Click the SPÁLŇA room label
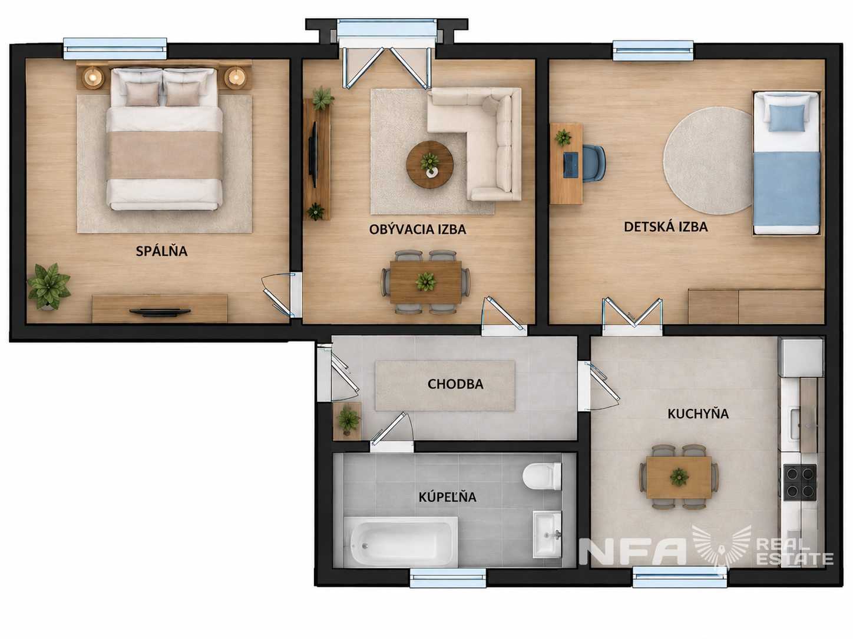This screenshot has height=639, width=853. pyautogui.click(x=161, y=251)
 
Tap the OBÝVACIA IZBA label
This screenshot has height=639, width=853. pyautogui.click(x=418, y=229)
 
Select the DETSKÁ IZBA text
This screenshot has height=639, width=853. pyautogui.click(x=666, y=227)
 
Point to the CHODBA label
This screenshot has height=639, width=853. pyautogui.click(x=455, y=384)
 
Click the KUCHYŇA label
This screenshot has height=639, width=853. pyautogui.click(x=698, y=414)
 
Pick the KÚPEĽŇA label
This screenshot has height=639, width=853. pyautogui.click(x=447, y=497)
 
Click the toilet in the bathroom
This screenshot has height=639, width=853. pyautogui.click(x=542, y=476)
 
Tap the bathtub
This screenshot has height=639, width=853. pyautogui.click(x=400, y=541)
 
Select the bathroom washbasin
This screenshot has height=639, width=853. pyautogui.click(x=547, y=534)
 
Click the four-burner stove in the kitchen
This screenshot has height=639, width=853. pyautogui.click(x=800, y=482)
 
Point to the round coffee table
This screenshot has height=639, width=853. pyautogui.click(x=430, y=165)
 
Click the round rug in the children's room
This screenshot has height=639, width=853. pyautogui.click(x=708, y=161)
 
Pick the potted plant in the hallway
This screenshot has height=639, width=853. pyautogui.click(x=348, y=420)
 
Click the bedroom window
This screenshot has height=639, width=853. pyautogui.click(x=115, y=48)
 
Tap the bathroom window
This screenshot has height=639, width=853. pyautogui.click(x=448, y=578)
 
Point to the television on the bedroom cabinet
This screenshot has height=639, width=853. pyautogui.click(x=160, y=311)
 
